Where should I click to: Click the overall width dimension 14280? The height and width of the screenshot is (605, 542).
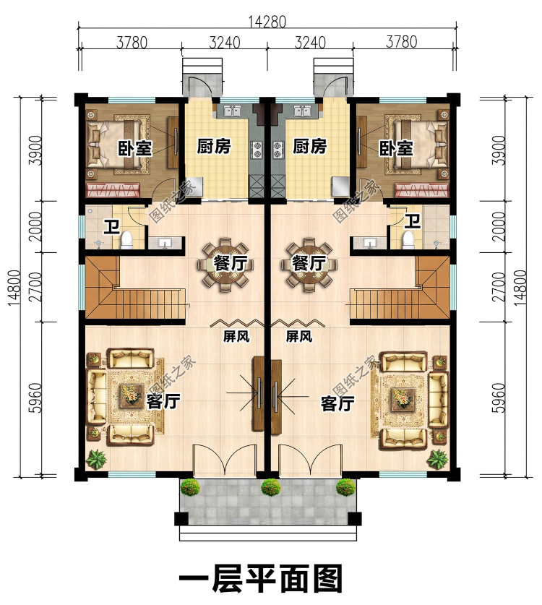[267, 22]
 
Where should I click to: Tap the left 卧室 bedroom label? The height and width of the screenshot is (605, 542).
[134, 149]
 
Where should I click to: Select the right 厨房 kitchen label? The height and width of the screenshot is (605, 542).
[309, 147]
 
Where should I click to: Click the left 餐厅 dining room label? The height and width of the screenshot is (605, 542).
[231, 264]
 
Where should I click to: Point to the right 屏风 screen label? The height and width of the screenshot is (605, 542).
[299, 336]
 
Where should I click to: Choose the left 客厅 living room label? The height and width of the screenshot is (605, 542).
[163, 402]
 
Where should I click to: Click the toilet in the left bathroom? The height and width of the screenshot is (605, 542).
[126, 239]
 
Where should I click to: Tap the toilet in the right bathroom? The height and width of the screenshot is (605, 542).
[408, 239]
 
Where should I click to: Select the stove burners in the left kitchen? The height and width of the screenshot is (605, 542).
[257, 150]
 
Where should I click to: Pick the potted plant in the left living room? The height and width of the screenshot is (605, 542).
[95, 459]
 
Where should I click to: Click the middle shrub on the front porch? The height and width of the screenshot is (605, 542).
[270, 487]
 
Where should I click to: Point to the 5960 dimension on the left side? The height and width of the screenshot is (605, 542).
[35, 398]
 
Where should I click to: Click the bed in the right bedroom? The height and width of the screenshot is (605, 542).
[421, 143]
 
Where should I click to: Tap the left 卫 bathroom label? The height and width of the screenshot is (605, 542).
[112, 226]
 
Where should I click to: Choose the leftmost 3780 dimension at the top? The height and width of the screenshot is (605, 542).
[132, 42]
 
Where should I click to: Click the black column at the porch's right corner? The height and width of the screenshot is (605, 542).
[355, 518]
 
